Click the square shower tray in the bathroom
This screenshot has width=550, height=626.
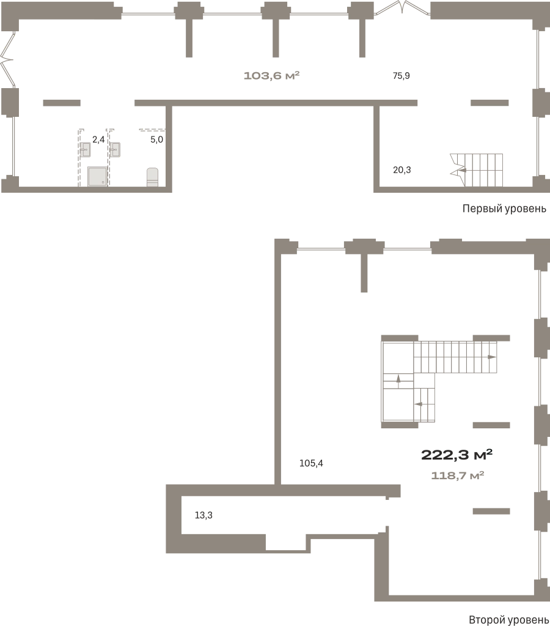[x=98, y=177]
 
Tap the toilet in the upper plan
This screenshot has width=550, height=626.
[x=153, y=176]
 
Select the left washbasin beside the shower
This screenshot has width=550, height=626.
[x=85, y=149]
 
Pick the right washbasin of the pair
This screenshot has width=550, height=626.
[x=115, y=149]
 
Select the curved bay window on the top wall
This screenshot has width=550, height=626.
[x=402, y=7]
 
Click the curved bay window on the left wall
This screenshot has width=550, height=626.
[x=8, y=58]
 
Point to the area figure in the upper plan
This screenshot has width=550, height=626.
[x=271, y=77]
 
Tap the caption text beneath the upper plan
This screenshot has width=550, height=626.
[x=502, y=210]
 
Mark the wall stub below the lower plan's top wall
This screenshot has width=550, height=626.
[x=364, y=269]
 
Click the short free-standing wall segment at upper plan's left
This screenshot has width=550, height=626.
[x=61, y=103]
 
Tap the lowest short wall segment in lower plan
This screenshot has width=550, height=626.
[x=490, y=511]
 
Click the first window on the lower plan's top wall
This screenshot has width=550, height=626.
[x=322, y=244]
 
